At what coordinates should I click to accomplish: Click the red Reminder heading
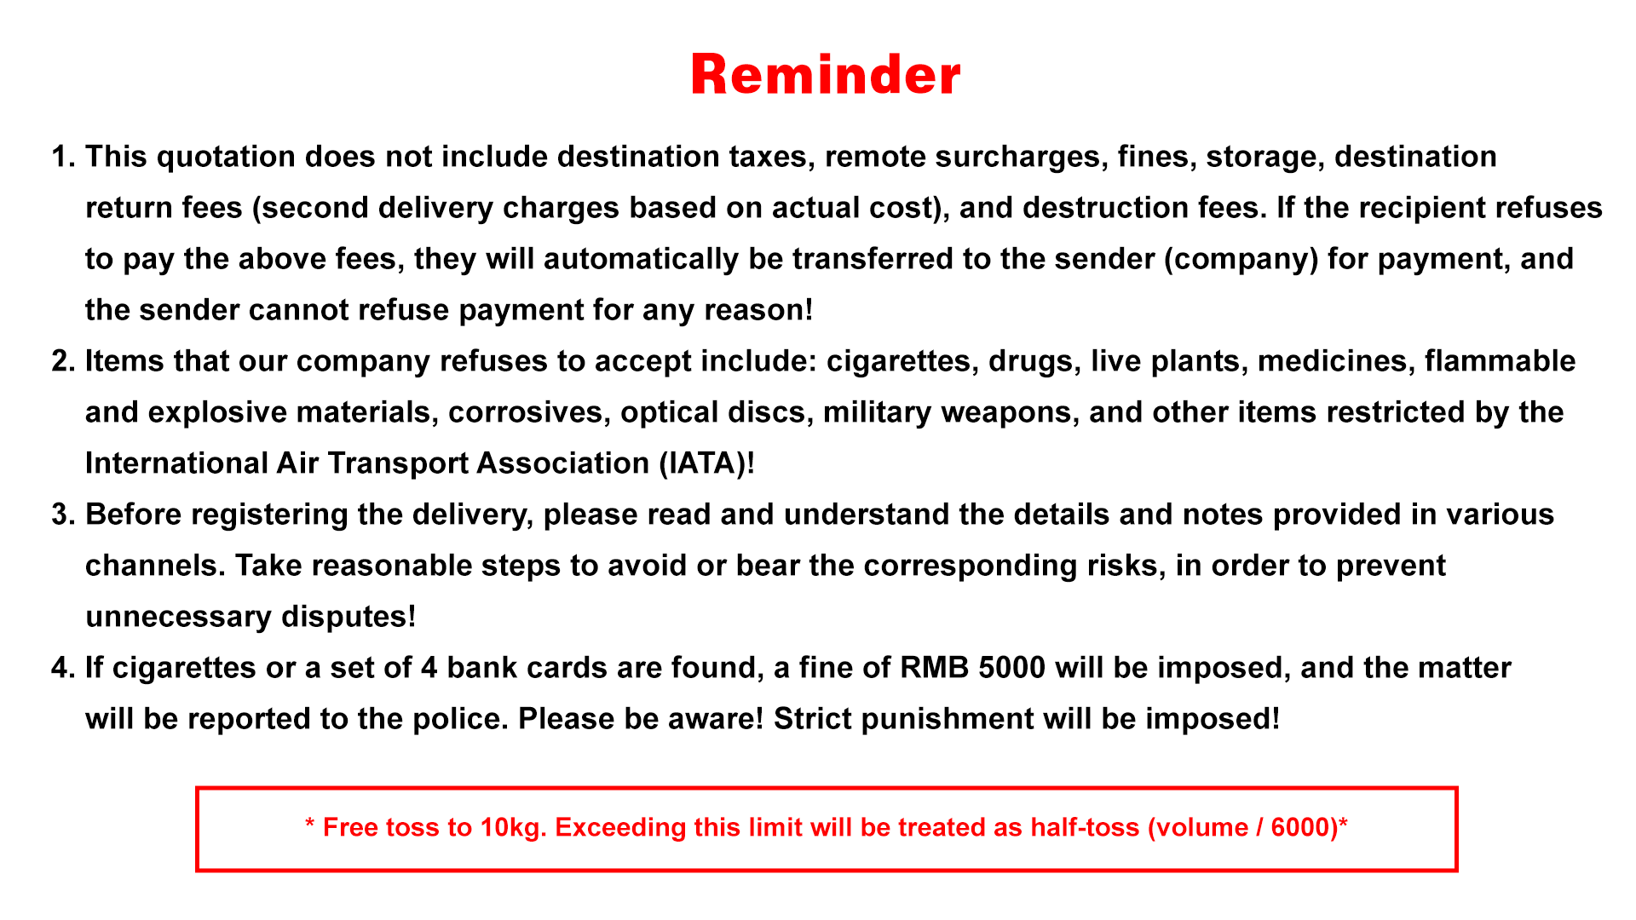click(x=826, y=74)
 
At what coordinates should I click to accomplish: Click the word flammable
click(x=1500, y=362)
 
